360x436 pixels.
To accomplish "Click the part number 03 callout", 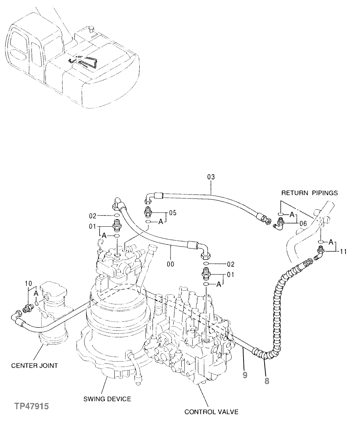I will click(x=211, y=177).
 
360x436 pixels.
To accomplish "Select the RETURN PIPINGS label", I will click(x=309, y=193).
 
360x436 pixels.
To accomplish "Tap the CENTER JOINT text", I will click(x=34, y=365).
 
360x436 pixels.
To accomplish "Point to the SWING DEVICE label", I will click(x=107, y=399).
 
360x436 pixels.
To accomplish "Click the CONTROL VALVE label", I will click(x=211, y=412).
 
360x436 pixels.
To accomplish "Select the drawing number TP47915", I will click(x=31, y=407).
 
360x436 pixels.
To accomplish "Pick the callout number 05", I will click(x=173, y=213).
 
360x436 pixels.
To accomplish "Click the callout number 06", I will click(x=302, y=224).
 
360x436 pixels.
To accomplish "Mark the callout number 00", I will click(x=170, y=264).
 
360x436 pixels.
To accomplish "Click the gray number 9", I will click(x=245, y=375).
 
